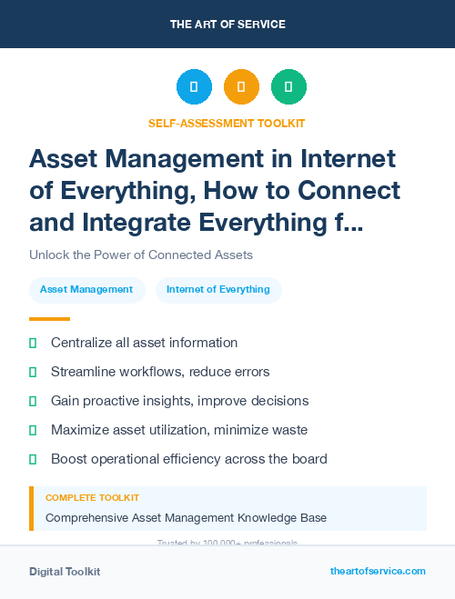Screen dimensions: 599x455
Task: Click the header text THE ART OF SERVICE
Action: point(227,25)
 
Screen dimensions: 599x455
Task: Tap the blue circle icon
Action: point(194,87)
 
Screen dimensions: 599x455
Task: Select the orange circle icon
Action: point(241,87)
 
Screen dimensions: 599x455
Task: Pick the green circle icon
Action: point(288,87)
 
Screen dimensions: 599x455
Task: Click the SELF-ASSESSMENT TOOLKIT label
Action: point(227,123)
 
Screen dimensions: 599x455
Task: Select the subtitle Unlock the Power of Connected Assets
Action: point(140,255)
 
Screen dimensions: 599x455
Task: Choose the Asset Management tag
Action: point(86,290)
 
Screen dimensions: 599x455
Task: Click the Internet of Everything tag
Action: point(218,290)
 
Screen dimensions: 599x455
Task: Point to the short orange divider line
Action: point(49,319)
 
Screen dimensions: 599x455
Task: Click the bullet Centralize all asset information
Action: point(144,343)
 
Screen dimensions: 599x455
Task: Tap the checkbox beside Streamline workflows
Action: point(33,372)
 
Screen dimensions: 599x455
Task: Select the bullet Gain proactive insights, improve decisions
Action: point(179,401)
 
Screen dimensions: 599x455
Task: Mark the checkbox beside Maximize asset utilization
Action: point(33,430)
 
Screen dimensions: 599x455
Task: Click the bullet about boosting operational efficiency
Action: point(188,459)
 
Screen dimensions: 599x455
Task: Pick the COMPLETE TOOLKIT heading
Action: point(93,498)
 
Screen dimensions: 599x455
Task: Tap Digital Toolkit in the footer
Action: point(65,572)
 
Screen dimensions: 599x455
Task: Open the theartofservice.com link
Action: point(378,571)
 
